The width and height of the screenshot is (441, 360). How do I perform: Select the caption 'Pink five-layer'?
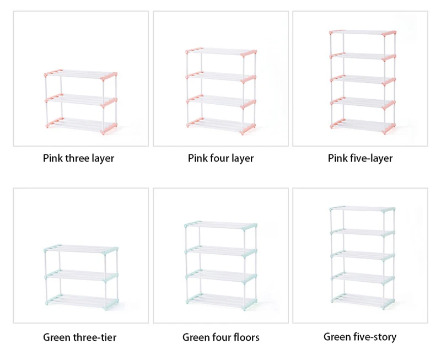pyautogui.click(x=360, y=158)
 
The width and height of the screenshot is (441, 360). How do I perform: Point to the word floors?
pyautogui.click(x=246, y=337)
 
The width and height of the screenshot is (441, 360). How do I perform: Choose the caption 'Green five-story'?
pyautogui.click(x=360, y=337)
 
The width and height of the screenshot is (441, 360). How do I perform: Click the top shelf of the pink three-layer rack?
pyautogui.click(x=80, y=75)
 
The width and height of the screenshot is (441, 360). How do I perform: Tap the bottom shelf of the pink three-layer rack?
pyautogui.click(x=81, y=126)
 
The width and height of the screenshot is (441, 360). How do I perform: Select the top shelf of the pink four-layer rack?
pyautogui.click(x=221, y=52)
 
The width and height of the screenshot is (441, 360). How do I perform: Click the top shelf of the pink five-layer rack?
pyautogui.click(x=363, y=33)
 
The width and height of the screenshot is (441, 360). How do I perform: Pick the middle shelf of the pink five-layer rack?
pyautogui.click(x=363, y=79)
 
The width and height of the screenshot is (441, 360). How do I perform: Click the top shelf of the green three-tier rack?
pyautogui.click(x=81, y=250)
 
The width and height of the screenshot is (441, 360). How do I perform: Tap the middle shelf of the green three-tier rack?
pyautogui.click(x=81, y=275)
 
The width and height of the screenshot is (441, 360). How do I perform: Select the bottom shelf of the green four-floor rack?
pyautogui.click(x=221, y=301)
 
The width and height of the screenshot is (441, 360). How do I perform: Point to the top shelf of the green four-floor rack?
pyautogui.click(x=221, y=225)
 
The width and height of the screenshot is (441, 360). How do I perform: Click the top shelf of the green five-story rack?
pyautogui.click(x=362, y=209)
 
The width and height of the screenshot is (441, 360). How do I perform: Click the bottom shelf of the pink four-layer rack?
pyautogui.click(x=221, y=126)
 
